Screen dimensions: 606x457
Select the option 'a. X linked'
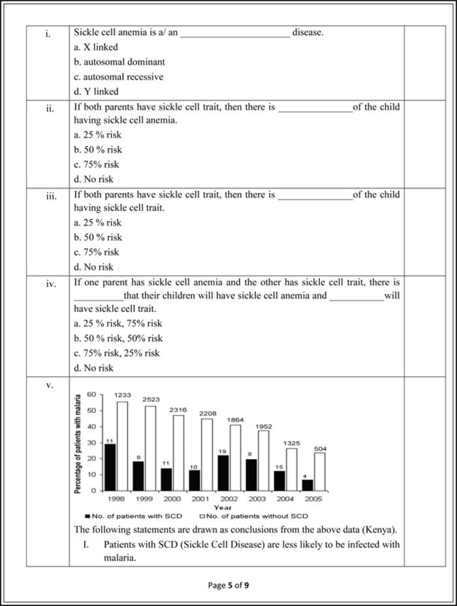click(97, 47)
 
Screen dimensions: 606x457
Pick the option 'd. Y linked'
click(96, 92)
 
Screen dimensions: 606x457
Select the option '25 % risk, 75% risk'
click(118, 324)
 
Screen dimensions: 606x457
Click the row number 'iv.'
click(50, 283)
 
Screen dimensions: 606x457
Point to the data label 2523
click(151, 399)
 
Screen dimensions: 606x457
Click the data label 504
click(320, 449)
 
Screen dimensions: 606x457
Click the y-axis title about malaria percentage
click(78, 444)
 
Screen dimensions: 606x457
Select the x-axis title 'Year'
click(222, 507)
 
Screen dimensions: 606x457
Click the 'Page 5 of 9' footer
click(228, 585)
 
